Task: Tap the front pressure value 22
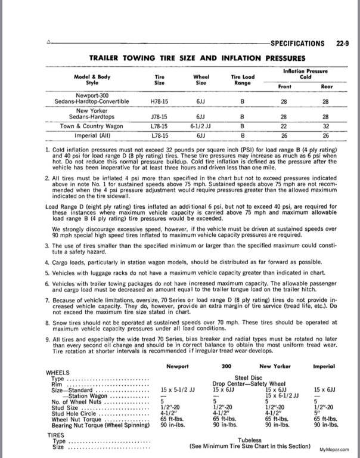[x=284, y=126]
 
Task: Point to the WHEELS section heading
[x=58, y=372]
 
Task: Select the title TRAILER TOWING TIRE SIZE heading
[x=197, y=58]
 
